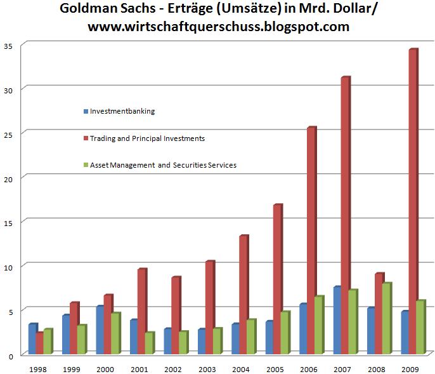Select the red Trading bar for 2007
click(344, 216)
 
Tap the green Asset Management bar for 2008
click(387, 318)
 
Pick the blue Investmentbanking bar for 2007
click(336, 321)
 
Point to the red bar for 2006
click(311, 241)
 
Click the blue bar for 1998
click(32, 339)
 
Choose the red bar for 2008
click(379, 314)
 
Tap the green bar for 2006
click(319, 325)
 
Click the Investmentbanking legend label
click(122, 111)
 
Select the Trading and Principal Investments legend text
click(147, 138)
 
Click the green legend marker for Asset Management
click(86, 165)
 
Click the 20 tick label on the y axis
click(8, 178)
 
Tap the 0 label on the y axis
click(11, 356)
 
